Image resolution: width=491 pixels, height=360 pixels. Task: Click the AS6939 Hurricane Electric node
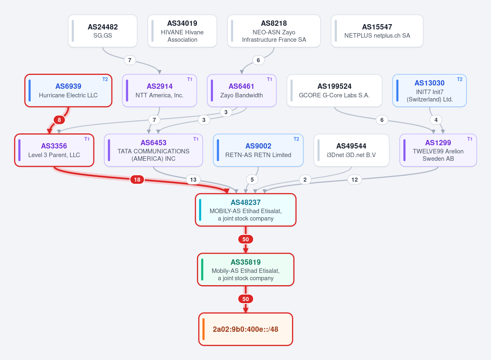pos(68,91)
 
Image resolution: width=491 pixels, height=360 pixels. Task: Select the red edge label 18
pos(137,180)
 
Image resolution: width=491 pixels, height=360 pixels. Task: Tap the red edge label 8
pos(59,120)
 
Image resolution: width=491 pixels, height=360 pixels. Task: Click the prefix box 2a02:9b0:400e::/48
pos(246,329)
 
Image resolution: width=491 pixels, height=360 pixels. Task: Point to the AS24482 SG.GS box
pos(103,31)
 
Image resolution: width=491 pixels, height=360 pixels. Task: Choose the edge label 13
pos(193,180)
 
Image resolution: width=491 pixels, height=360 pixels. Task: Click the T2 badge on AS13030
pos(459,79)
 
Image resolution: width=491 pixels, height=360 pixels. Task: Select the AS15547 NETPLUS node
pos(377,31)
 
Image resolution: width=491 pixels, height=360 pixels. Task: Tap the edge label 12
pos(355,180)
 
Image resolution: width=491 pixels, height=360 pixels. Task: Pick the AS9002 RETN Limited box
pos(258,151)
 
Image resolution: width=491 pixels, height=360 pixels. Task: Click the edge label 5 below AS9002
pos(252,180)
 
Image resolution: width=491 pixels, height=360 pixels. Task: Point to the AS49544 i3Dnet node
pos(351,151)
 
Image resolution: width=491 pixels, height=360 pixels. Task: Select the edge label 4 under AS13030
pos(436,120)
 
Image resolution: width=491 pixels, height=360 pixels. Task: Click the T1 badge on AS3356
pos(87,139)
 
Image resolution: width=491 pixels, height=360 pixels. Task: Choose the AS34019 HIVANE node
pos(182,31)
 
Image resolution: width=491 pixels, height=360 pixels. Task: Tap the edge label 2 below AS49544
pos(305,180)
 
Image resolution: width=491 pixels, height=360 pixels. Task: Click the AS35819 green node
pos(246,270)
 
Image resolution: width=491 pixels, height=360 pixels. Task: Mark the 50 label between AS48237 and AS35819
pos(246,239)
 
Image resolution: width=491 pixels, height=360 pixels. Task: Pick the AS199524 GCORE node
pos(335,91)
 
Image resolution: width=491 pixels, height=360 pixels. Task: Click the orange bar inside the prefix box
pos(204,329)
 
